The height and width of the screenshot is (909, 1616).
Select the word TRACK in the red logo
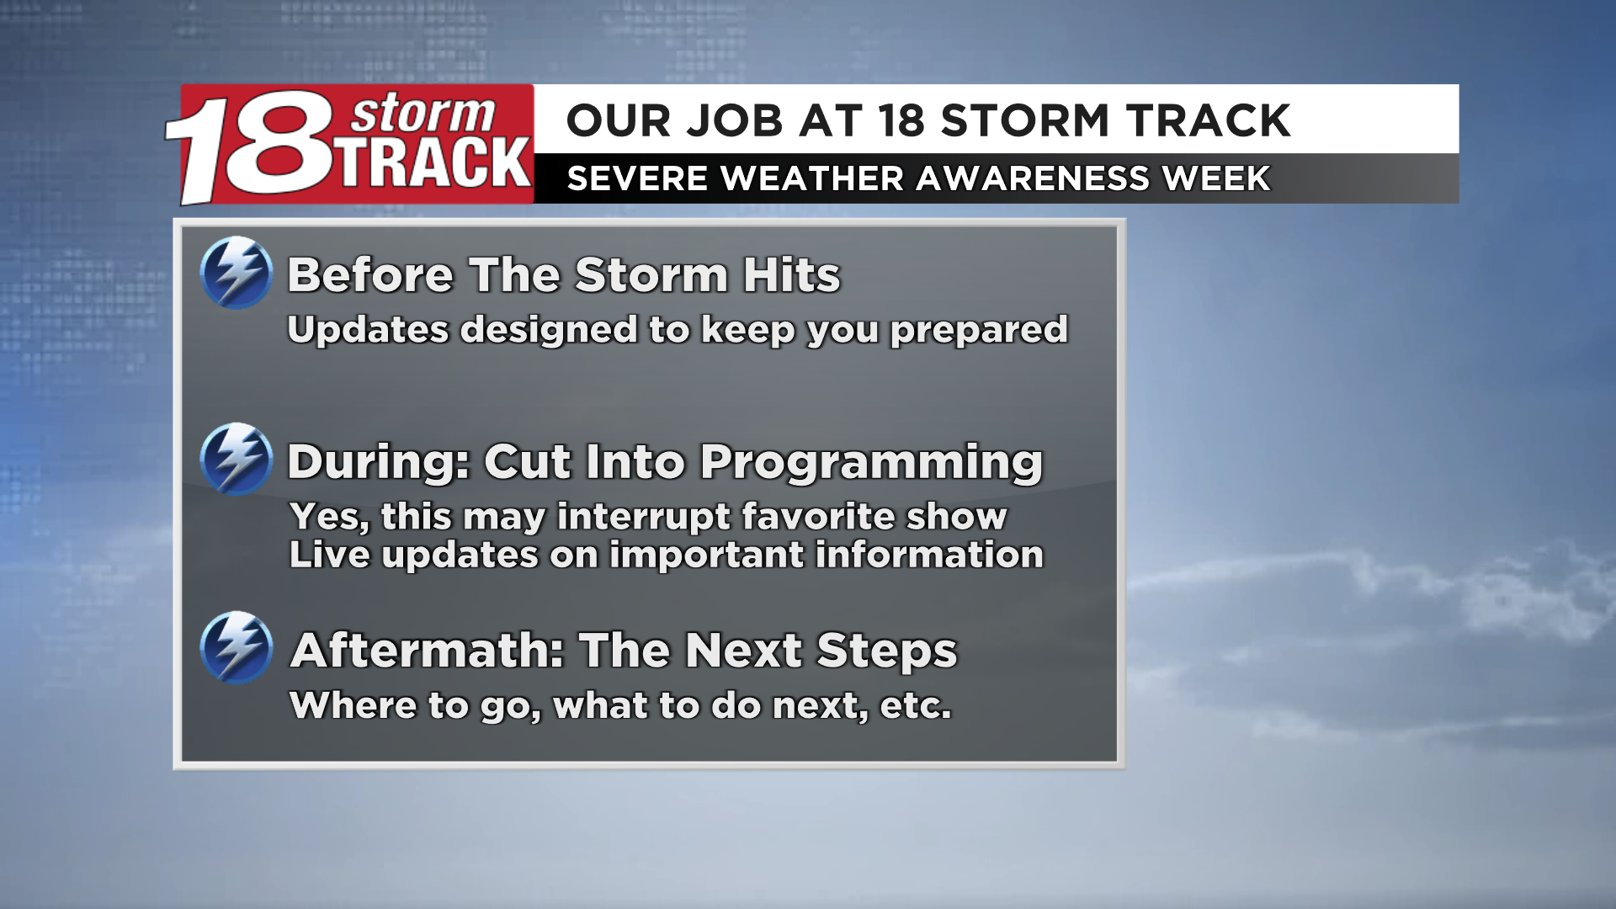(435, 163)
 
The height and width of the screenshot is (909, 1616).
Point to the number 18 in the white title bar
(901, 120)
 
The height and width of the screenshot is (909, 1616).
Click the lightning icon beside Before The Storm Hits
(237, 273)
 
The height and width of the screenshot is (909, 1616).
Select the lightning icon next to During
(237, 459)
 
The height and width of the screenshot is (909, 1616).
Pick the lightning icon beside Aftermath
(237, 647)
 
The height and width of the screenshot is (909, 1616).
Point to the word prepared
(979, 330)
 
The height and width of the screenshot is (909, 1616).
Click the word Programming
(871, 462)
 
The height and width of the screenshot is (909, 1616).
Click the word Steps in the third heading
(886, 651)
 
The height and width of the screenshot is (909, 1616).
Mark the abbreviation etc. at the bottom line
(916, 705)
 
